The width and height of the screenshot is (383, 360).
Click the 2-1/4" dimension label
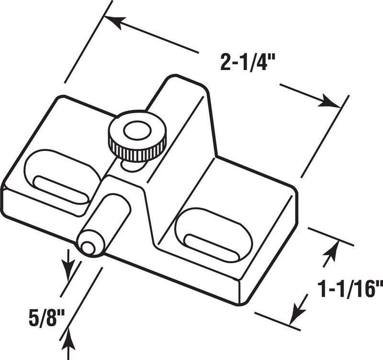pyautogui.click(x=248, y=62)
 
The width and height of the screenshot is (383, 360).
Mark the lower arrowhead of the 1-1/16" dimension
pyautogui.click(x=296, y=313)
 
